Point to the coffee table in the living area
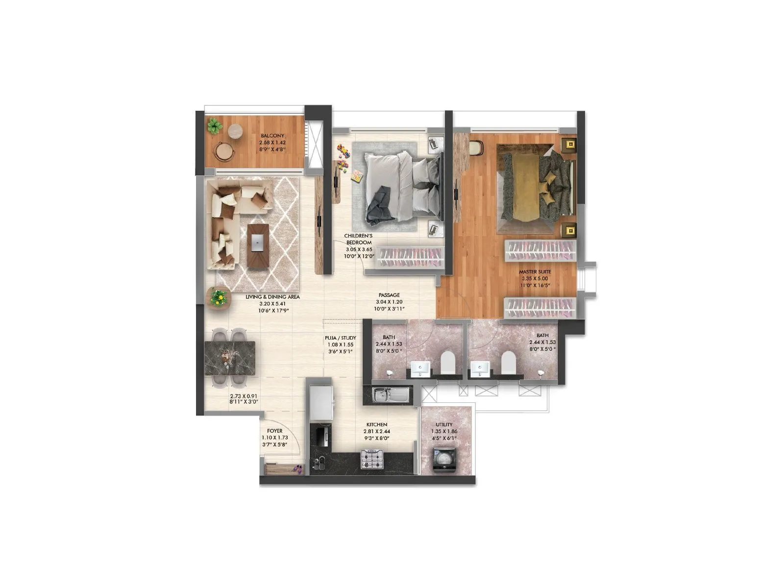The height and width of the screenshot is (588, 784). click(x=258, y=245)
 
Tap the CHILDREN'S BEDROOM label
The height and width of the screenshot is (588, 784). click(x=359, y=239)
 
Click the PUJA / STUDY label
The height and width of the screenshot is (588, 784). click(x=340, y=338)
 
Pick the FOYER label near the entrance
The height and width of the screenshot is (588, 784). click(x=274, y=431)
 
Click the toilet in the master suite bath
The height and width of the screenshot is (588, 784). click(x=508, y=363)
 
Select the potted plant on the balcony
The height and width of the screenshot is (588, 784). click(x=214, y=126)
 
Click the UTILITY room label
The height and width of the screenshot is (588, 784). click(x=444, y=425)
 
